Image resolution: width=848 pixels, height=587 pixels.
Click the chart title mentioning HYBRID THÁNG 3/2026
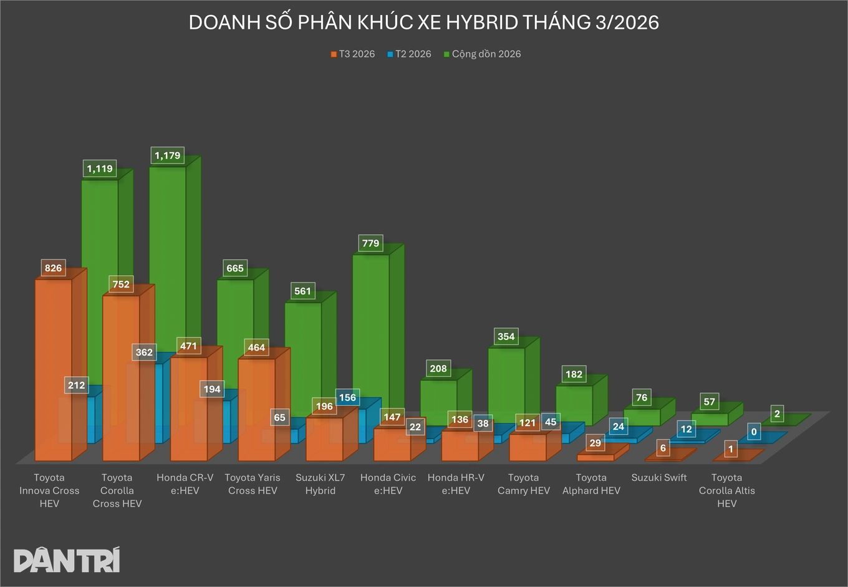click(423, 22)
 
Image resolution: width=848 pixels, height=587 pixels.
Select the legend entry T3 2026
click(353, 54)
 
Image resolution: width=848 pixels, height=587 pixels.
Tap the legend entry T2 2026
click(409, 54)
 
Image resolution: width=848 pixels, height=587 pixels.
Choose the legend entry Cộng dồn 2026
click(482, 54)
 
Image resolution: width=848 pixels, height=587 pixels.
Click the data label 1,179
click(167, 155)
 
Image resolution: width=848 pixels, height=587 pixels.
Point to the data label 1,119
click(100, 168)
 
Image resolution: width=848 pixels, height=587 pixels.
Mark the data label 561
click(302, 291)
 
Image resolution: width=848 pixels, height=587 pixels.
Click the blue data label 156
click(347, 397)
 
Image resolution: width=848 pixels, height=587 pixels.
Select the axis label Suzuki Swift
click(659, 478)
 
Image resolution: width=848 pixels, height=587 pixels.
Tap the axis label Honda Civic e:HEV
click(388, 484)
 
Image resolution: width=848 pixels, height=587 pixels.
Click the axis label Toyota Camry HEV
click(524, 484)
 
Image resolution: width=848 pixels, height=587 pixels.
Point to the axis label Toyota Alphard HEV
click(591, 484)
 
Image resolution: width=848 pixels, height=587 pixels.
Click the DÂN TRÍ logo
click(67, 560)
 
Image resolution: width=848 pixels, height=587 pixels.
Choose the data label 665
click(235, 268)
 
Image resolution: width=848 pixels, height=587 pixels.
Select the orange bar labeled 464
click(256, 405)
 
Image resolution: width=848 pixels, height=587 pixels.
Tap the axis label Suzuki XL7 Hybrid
click(320, 484)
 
